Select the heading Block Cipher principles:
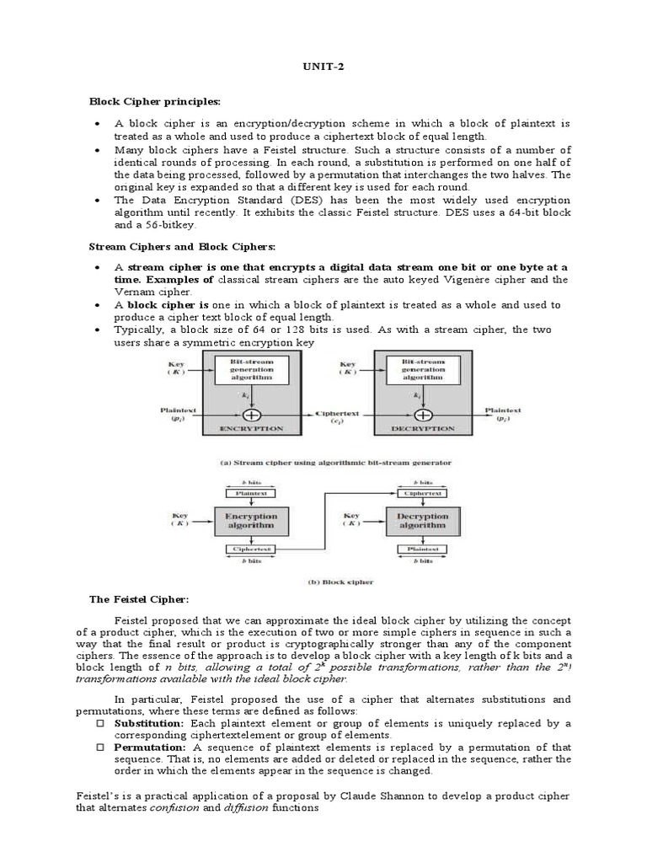tap(155, 101)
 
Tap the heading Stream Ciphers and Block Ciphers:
tap(183, 246)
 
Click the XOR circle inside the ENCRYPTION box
tap(250, 415)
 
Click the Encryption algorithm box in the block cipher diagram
tap(250, 520)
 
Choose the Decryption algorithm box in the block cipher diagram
tap(422, 520)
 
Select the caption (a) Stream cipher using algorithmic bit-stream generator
tap(334, 462)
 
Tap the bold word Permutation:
tap(150, 747)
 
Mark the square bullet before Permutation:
tap(99, 748)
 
